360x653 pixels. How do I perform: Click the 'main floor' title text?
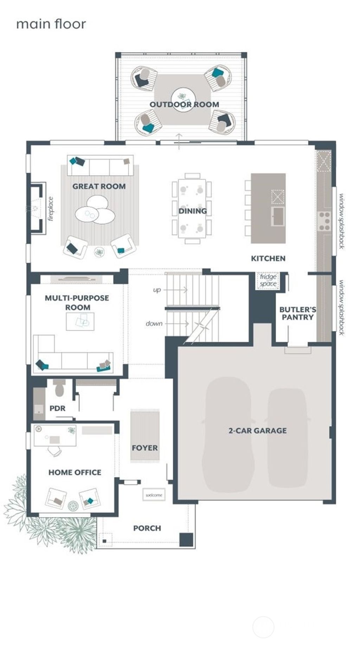click(51, 24)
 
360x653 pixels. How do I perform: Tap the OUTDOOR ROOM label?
click(184, 104)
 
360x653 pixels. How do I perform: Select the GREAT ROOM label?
click(99, 186)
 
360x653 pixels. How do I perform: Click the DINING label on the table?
click(192, 211)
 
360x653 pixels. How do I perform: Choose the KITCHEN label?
click(268, 258)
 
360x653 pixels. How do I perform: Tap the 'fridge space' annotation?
click(268, 280)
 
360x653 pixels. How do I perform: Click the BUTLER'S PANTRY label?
click(297, 313)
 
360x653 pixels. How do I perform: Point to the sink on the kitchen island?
click(278, 216)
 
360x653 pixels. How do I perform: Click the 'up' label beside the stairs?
click(157, 290)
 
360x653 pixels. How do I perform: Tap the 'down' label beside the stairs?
click(154, 324)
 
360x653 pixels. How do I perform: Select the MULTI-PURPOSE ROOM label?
click(77, 302)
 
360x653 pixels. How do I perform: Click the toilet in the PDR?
click(59, 389)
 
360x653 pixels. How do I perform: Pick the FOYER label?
click(144, 448)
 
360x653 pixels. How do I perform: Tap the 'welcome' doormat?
click(154, 495)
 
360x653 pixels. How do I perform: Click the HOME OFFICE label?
click(75, 472)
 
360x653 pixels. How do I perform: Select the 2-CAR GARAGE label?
click(257, 430)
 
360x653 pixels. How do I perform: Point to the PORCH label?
click(147, 528)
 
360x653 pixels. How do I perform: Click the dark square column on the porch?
click(186, 539)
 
